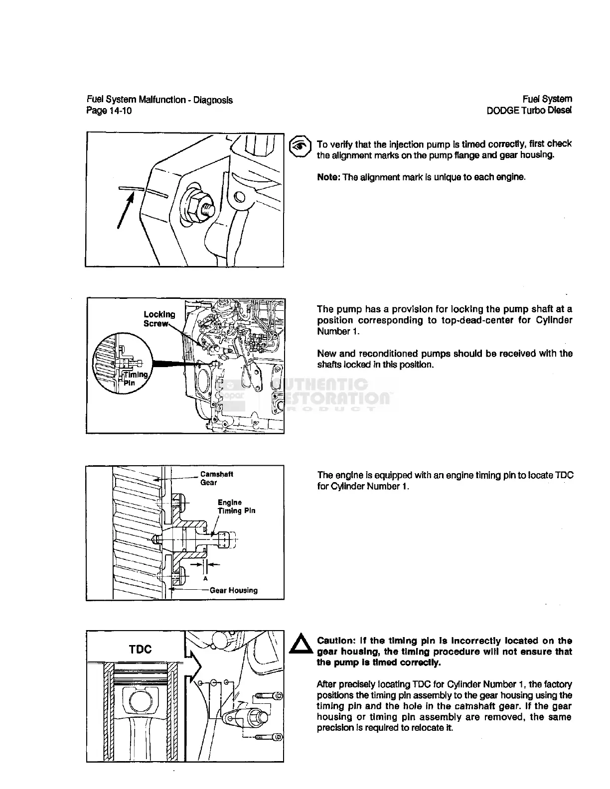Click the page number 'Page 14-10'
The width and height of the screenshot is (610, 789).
pos(109,111)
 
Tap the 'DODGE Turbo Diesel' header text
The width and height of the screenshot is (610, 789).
pos(529,111)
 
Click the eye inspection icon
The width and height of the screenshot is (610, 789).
pos(300,144)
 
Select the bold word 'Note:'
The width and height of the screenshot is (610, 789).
pos(328,177)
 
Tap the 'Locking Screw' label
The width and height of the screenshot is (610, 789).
pos(159,319)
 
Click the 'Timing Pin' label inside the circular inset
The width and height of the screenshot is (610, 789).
pos(135,378)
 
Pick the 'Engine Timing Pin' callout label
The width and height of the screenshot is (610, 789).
pos(236,507)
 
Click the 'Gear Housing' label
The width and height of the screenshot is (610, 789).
pos(233,590)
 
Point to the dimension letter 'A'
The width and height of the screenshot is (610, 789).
pos(205,579)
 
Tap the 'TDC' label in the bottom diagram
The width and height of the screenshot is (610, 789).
pos(140,649)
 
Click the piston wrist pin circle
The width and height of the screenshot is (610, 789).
pos(137,702)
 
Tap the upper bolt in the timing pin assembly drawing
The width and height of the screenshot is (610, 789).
pos(269,695)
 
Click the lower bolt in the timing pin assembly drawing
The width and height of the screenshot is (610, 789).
pos(269,737)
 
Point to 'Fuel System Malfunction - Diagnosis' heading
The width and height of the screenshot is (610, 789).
pos(159,100)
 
